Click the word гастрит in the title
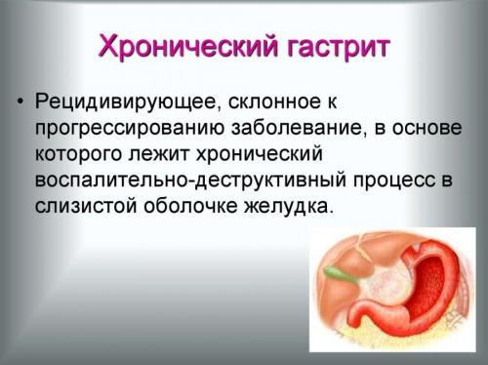coord(331,46)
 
